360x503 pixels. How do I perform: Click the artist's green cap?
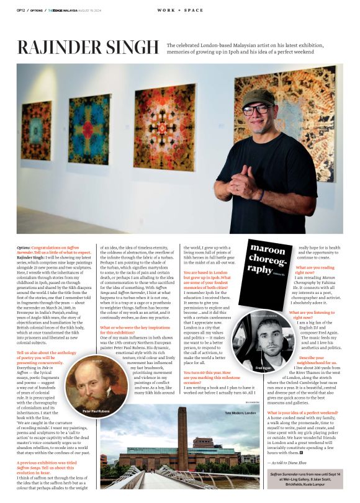coord(258,98)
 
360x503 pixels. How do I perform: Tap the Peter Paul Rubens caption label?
coord(96,411)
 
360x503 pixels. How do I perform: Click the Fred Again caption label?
coord(263,368)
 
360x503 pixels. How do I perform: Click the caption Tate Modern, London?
coord(240,412)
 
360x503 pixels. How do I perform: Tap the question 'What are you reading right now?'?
coord(319,270)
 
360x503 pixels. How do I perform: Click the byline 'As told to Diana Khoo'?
coord(288,462)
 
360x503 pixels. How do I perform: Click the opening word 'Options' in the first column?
coord(25,247)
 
